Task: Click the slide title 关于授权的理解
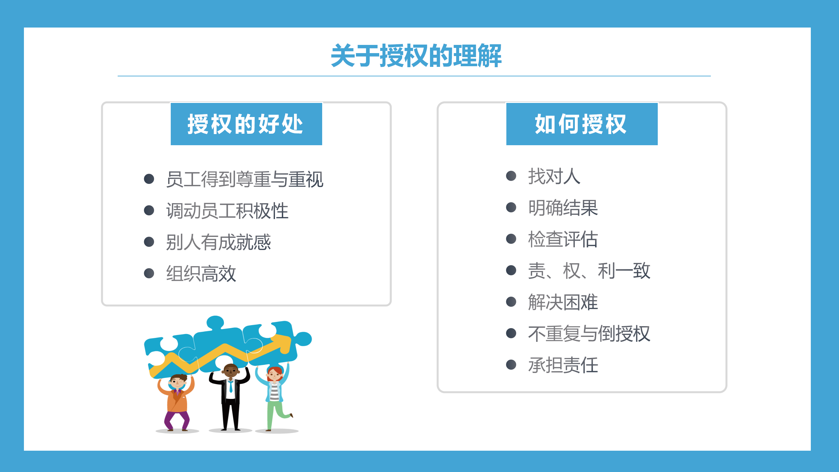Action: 416,56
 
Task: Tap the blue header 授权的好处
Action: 246,124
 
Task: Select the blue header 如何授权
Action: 582,124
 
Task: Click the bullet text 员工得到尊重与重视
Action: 244,179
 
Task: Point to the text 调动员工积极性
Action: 227,210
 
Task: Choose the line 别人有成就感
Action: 218,242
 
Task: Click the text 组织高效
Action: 201,273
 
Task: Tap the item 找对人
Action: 554,176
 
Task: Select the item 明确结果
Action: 563,207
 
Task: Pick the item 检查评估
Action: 563,239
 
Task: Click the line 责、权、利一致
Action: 589,270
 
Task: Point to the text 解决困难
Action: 563,302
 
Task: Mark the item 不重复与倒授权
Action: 589,333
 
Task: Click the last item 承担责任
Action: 563,365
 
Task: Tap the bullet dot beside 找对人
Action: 511,176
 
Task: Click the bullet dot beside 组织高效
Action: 149,273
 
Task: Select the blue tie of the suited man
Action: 231,386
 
